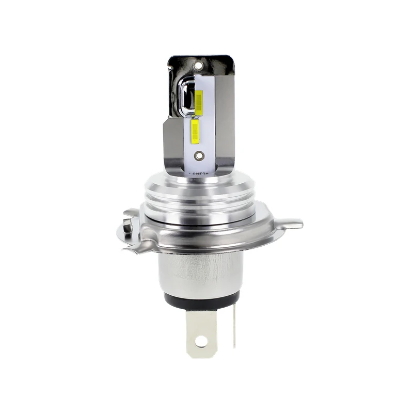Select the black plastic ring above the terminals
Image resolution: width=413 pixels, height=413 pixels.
201,298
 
